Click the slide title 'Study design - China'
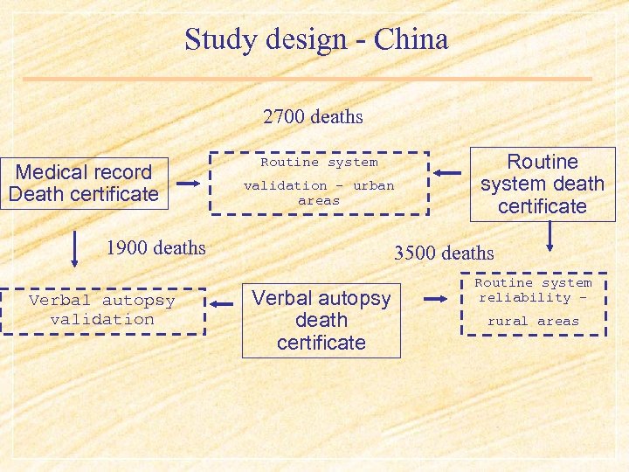315,39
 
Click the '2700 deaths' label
313,116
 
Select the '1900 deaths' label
156,247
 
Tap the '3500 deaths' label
444,253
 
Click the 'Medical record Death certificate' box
84,184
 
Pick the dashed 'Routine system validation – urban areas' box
319,182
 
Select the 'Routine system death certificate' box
542,184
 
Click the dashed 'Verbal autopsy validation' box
102,310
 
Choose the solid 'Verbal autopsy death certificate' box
321,320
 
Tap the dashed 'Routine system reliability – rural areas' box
533,303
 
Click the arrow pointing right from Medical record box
189,184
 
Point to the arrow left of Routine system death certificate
448,172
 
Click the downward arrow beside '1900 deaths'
74,248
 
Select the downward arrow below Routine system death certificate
550,236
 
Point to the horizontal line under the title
307,79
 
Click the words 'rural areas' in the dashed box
533,321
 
